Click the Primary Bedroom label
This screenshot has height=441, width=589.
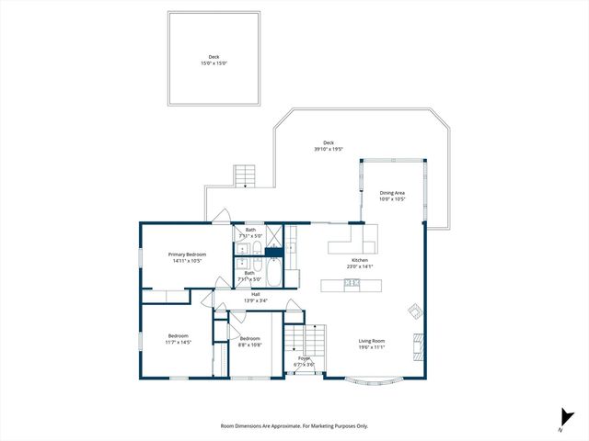point(186,254)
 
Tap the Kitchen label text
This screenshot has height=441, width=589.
point(360,260)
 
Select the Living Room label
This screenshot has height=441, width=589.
point(372,341)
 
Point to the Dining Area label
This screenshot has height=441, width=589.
point(392,193)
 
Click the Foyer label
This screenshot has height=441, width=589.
point(304,358)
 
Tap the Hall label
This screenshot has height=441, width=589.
point(256,294)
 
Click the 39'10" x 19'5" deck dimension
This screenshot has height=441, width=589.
point(329,149)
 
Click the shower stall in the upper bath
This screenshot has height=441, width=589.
point(273,236)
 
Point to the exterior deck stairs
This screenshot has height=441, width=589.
point(245,175)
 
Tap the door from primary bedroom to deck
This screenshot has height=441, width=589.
point(221,217)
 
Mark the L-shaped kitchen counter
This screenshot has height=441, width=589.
point(353,242)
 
